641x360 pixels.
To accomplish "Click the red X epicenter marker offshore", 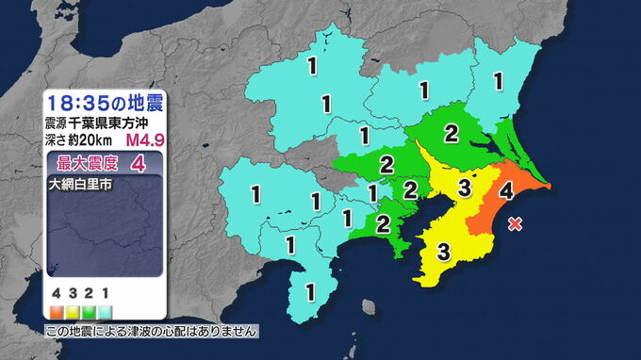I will (515, 223).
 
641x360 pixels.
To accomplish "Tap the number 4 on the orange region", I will (505, 191).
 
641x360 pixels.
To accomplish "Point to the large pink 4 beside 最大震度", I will (140, 163).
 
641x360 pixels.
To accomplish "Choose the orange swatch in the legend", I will (58, 310).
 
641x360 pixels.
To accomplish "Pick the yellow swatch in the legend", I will (73, 310).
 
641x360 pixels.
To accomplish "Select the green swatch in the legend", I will (89, 310).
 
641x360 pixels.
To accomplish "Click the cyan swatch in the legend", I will (104, 310).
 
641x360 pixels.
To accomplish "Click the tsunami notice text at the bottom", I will (151, 332).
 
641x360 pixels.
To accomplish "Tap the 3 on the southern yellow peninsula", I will (442, 251).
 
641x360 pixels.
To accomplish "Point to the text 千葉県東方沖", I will (105, 123).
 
